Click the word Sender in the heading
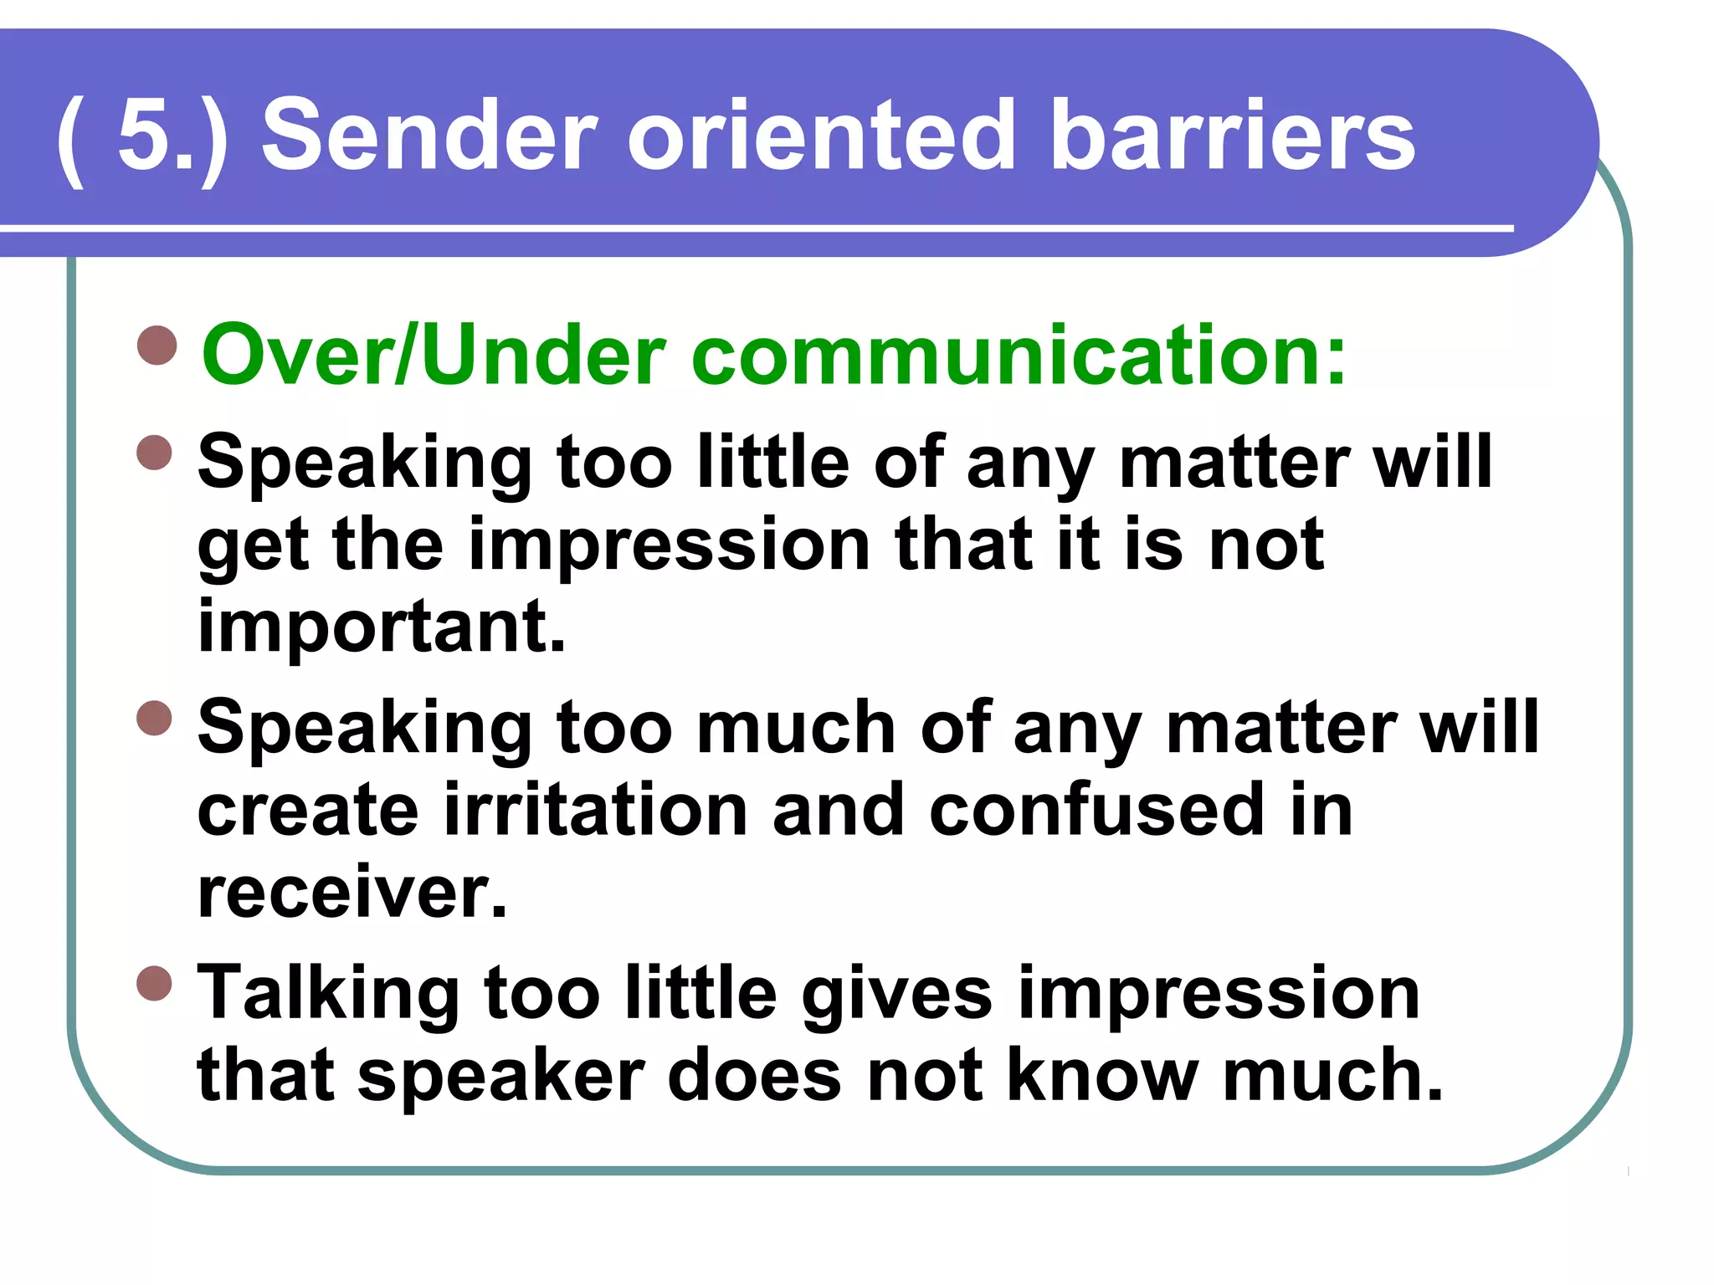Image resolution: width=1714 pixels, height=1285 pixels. pyautogui.click(x=429, y=136)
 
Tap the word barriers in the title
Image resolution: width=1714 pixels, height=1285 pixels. pyautogui.click(x=1231, y=136)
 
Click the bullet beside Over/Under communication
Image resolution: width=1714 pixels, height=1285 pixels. pyautogui.click(x=157, y=346)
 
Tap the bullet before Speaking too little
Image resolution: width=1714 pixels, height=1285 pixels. pyautogui.click(x=155, y=453)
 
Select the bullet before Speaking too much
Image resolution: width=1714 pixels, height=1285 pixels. pyautogui.click(x=155, y=718)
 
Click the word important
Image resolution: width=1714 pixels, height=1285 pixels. pyautogui.click(x=382, y=627)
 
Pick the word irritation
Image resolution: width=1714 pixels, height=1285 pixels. pyautogui.click(x=595, y=810)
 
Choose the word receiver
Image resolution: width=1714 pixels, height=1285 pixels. pyautogui.click(x=352, y=892)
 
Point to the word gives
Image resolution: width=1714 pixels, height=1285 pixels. pyautogui.click(x=896, y=994)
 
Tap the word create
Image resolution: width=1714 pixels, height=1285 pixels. pyautogui.click(x=307, y=810)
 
